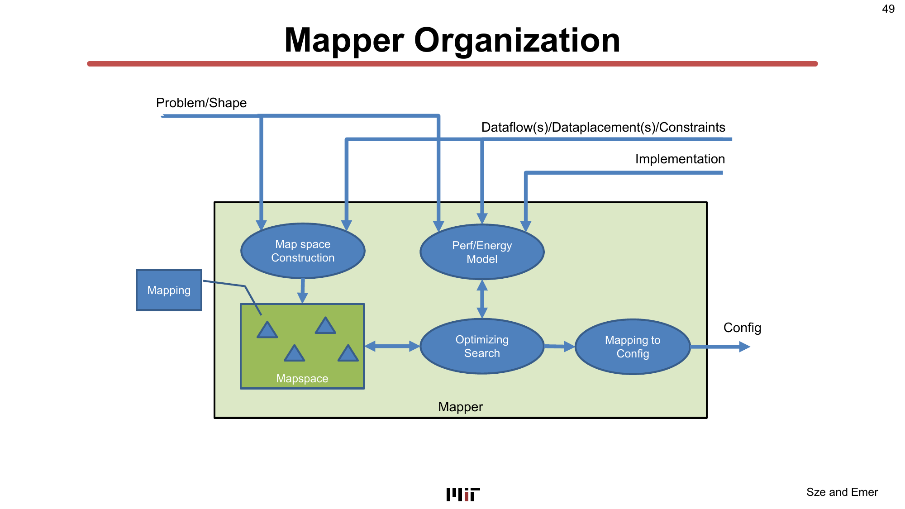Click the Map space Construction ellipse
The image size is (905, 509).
303,251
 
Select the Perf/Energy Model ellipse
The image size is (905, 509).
482,252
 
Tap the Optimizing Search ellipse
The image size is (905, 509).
482,347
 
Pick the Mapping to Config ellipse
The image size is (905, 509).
633,347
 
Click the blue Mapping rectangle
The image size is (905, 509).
169,290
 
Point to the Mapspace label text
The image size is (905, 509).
302,379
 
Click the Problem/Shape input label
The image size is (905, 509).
201,103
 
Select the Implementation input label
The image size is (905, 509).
680,159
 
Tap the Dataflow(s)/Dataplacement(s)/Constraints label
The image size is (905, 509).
603,128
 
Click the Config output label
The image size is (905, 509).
742,328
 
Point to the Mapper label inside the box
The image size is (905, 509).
460,407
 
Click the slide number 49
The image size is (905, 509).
888,9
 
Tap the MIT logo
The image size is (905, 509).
463,495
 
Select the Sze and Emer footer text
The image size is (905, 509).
842,492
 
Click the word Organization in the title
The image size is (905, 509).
517,40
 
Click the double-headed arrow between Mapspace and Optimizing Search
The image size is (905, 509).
392,347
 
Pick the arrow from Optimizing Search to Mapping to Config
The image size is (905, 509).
559,347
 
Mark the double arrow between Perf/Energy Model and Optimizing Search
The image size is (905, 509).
482,299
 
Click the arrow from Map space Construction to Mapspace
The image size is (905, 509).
303,291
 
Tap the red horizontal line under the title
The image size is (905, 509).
452,64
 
